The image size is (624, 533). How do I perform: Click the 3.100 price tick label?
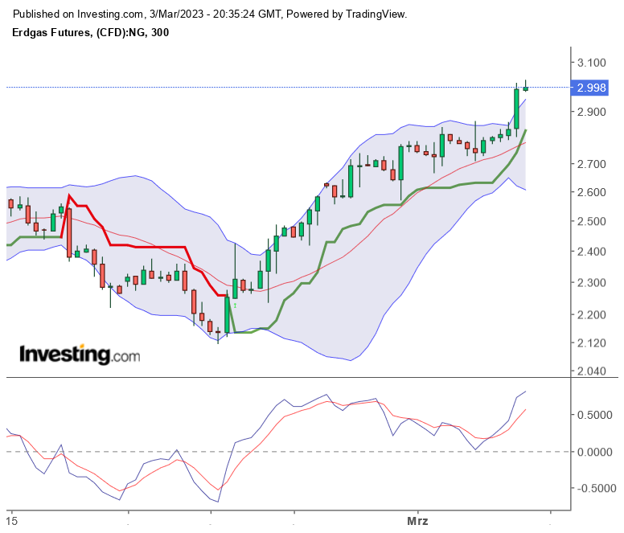coord(591,63)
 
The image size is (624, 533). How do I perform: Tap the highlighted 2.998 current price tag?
coord(591,88)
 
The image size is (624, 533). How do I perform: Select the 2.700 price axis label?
coord(591,164)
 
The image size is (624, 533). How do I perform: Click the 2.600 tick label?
coord(591,192)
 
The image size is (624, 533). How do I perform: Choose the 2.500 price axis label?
coord(591,221)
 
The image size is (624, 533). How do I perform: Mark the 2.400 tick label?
coord(591,252)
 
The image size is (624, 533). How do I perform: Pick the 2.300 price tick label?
coord(591,282)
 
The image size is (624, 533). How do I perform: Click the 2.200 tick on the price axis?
coord(591,314)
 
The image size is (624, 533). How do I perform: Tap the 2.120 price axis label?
coord(591,343)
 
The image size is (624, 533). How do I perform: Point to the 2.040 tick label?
coord(591,371)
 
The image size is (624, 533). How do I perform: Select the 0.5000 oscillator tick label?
coord(597,415)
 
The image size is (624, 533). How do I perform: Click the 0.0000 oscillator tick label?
coord(597,452)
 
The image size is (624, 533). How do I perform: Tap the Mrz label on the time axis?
coord(417,521)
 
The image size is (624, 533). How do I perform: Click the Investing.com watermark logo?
coord(79,355)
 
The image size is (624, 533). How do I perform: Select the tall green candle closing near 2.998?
coord(516,109)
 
